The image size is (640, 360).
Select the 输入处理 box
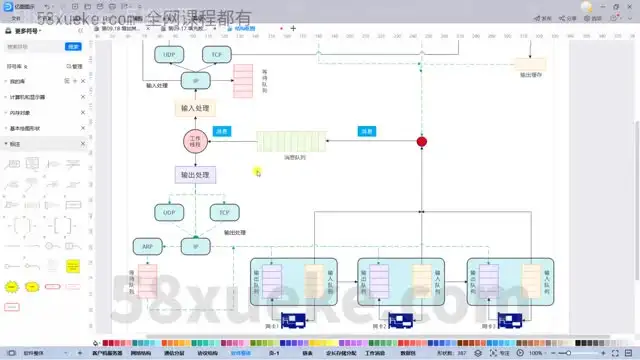click(195, 108)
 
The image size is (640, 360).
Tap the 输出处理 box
click(195, 174)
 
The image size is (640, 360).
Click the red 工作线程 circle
click(194, 141)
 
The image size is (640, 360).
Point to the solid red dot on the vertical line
click(421, 142)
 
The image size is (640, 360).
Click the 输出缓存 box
click(529, 65)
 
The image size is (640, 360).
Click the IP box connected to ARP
click(195, 246)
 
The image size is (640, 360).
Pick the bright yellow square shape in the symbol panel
click(73, 267)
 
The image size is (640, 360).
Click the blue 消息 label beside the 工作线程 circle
click(225, 131)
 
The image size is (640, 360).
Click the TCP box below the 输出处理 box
click(220, 212)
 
